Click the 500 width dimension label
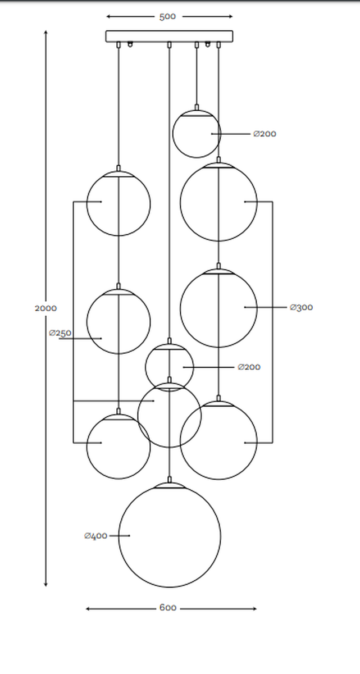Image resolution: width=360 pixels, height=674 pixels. click(167, 17)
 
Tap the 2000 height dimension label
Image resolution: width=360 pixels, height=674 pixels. click(45, 308)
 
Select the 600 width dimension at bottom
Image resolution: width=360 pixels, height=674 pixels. click(168, 608)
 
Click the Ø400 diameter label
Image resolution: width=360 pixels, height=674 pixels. click(96, 536)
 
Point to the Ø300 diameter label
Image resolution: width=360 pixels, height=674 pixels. click(302, 307)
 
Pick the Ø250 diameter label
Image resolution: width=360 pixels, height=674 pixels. click(60, 333)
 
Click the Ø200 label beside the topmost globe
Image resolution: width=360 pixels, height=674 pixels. click(265, 134)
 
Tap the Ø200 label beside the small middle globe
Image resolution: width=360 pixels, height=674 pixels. click(249, 367)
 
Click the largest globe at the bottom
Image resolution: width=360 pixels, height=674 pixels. click(170, 536)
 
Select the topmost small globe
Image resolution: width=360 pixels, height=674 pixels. click(196, 134)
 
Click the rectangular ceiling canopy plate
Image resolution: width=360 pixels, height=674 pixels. click(169, 36)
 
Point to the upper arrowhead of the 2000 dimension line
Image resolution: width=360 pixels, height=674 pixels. click(46, 33)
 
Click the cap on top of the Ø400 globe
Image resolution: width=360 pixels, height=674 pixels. click(170, 481)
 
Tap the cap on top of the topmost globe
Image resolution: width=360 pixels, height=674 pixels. click(197, 107)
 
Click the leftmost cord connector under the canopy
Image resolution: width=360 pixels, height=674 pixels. click(118, 44)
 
